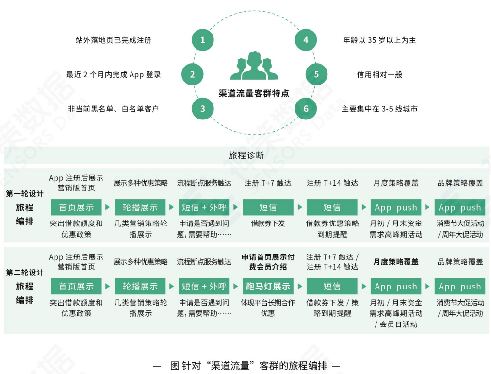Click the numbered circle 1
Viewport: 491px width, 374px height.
tap(203, 40)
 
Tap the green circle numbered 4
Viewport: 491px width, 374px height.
tap(306, 40)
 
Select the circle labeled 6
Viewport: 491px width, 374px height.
tap(306, 109)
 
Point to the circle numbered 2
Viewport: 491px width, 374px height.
tap(192, 75)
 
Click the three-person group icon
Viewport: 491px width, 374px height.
tap(254, 67)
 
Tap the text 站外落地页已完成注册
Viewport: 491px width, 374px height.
tap(114, 40)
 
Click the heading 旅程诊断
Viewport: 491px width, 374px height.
tap(246, 155)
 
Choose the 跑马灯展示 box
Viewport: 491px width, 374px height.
tap(268, 287)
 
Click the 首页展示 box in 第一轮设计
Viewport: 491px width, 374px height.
tap(76, 207)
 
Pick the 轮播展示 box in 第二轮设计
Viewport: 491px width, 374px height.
tap(140, 287)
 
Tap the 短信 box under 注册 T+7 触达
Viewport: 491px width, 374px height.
tap(268, 207)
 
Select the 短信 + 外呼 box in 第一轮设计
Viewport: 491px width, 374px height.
tap(204, 207)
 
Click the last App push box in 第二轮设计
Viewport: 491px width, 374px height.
tap(460, 287)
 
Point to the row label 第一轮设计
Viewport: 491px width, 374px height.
tap(25, 194)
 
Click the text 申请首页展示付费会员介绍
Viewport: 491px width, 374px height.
tap(268, 262)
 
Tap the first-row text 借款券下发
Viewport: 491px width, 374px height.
tap(268, 223)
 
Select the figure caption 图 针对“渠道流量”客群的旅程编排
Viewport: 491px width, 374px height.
tap(246, 366)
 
